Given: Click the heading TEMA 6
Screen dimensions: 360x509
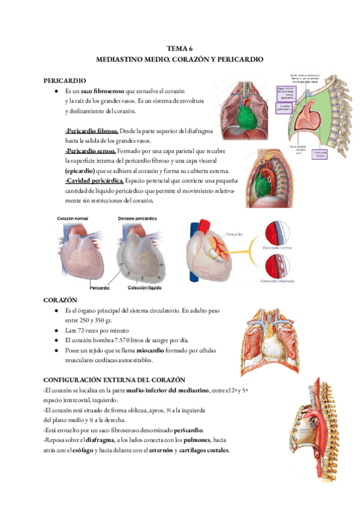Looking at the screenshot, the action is coord(179,49).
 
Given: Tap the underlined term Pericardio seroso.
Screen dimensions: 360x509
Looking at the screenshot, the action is coord(90,151).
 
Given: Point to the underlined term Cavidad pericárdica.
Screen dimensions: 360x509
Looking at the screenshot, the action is coord(95,181).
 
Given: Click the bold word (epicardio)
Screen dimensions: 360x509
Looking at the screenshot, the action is coord(80,171).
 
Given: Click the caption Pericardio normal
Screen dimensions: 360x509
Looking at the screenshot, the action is coord(278,246).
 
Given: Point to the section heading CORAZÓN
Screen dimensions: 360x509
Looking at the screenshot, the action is coord(61,299).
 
